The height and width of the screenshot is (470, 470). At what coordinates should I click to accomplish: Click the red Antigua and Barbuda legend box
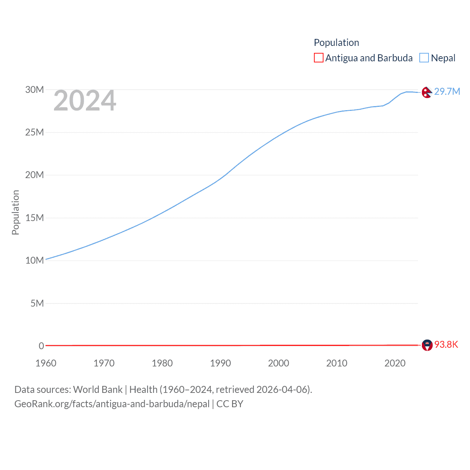[x=318, y=58]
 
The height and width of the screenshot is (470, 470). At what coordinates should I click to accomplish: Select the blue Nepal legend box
[x=424, y=58]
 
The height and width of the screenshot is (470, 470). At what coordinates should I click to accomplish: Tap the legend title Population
[x=336, y=43]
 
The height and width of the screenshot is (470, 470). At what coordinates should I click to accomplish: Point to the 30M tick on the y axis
[x=35, y=90]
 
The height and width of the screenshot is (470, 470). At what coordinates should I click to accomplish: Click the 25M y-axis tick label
[x=35, y=132]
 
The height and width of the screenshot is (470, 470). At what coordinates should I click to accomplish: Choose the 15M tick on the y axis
[x=35, y=218]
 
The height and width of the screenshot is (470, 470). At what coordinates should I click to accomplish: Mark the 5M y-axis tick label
[x=37, y=303]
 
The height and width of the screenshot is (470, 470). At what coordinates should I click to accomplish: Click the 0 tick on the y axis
[x=41, y=346]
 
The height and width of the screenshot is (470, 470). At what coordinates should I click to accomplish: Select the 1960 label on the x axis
[x=46, y=363]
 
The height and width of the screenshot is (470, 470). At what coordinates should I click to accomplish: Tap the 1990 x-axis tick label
[x=220, y=363]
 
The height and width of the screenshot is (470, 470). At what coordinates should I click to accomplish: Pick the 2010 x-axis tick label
[x=337, y=363]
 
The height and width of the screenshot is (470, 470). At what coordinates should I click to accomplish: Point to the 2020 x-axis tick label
[x=395, y=363]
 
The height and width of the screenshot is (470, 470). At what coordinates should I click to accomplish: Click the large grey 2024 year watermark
[x=85, y=101]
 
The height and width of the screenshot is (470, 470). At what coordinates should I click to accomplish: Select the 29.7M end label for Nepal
[x=447, y=91]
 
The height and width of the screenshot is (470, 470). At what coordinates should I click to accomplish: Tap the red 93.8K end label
[x=446, y=344]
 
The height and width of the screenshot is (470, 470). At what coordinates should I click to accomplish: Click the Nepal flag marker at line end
[x=427, y=93]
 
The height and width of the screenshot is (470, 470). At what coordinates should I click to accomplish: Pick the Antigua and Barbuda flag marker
[x=427, y=345]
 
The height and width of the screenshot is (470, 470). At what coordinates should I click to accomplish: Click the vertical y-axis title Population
[x=15, y=212]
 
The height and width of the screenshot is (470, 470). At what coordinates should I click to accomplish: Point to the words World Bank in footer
[x=98, y=389]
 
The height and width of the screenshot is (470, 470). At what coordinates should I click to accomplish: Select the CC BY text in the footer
[x=230, y=404]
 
